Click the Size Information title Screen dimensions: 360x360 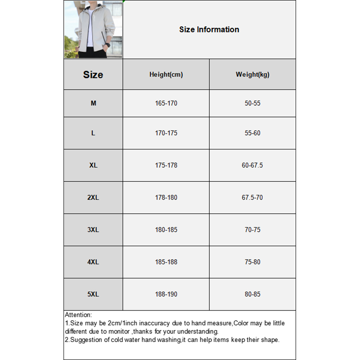pos(209,30)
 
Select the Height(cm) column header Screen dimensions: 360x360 pos(166,75)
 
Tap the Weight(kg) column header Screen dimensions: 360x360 pos(252,75)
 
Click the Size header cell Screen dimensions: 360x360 pos(93,75)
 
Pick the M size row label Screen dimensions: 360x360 pos(93,103)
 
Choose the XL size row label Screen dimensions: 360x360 pos(93,165)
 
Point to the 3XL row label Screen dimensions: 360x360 pos(93,229)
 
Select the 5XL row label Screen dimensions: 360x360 pos(93,294)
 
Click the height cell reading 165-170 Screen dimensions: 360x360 pos(166,103)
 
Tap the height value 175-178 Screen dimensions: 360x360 pos(166,165)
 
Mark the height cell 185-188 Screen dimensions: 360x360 pos(166,262)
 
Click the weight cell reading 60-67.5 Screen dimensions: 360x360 pos(252,165)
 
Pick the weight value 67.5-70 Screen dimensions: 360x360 pos(252,198)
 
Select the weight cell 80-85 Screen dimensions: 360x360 pos(252,294)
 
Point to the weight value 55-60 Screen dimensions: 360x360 pos(252,133)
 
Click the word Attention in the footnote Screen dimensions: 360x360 pos(78,315)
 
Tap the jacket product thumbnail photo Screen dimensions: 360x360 pos(93,30)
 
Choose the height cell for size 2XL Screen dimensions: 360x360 pos(166,198)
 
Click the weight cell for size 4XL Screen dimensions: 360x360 pos(252,262)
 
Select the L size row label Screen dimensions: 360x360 pos(93,133)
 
